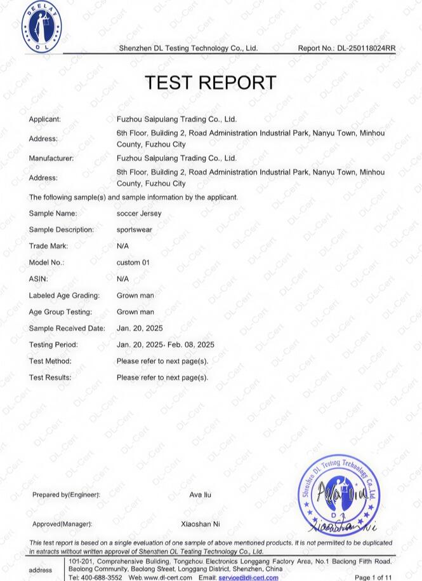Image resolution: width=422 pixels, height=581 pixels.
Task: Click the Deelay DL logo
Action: point(42,27)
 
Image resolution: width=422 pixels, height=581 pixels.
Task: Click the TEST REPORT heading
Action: point(210,83)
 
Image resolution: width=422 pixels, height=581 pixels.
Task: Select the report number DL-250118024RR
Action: point(366,48)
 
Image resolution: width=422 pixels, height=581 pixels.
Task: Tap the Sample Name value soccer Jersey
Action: point(139,214)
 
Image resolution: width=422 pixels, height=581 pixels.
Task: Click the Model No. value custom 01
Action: point(133,263)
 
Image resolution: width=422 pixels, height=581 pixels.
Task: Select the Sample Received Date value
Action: point(140,328)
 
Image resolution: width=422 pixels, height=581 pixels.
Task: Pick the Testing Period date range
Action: point(166,345)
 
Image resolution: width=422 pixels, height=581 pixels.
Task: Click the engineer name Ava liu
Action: point(201,495)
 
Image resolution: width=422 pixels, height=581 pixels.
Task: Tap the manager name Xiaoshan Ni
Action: point(201,524)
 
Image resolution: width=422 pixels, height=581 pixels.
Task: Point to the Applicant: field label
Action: point(44,119)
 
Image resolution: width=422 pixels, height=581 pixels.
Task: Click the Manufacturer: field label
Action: point(51,158)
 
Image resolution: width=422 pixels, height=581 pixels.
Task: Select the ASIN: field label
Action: point(38,279)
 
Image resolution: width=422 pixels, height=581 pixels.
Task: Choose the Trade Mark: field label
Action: point(48,246)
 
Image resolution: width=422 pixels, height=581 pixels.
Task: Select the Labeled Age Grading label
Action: point(64,296)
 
